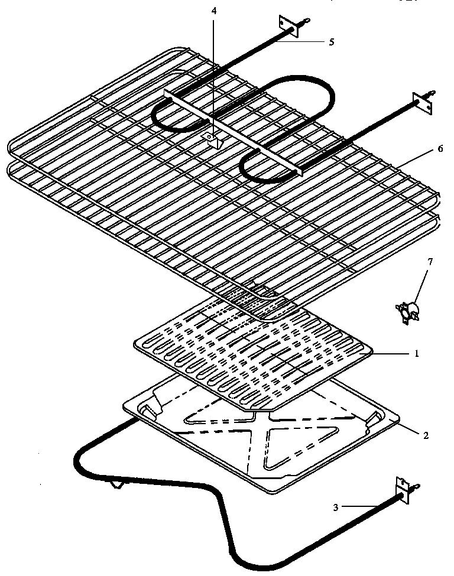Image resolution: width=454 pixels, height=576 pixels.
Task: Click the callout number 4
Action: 215,11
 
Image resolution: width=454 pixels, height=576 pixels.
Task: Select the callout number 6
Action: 439,149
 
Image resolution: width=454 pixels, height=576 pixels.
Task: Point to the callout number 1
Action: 416,354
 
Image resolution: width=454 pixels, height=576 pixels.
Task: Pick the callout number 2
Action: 425,436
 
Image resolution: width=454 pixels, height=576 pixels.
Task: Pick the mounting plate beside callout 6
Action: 423,103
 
